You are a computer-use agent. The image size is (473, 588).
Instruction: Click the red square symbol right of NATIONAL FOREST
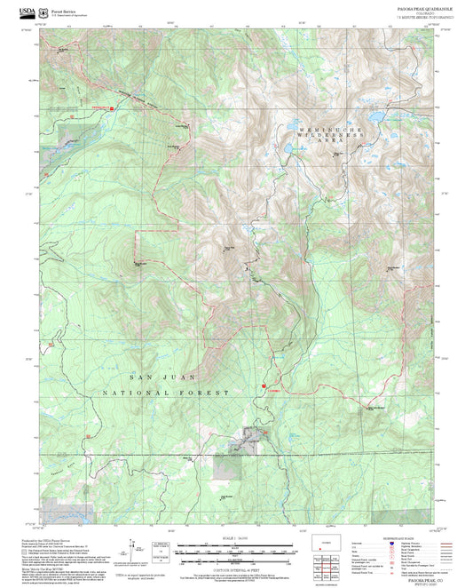(x=263, y=385)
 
